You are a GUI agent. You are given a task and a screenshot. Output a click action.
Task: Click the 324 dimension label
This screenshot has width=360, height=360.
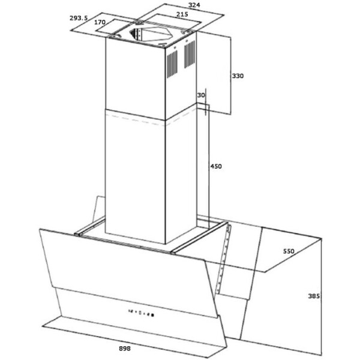(x=194, y=5)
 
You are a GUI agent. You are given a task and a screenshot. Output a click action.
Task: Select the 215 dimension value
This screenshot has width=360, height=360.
(x=182, y=14)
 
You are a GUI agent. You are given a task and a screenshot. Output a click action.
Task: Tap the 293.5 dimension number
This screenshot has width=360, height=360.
(x=79, y=18)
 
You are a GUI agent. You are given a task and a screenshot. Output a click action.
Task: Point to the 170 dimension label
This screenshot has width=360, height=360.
(x=100, y=22)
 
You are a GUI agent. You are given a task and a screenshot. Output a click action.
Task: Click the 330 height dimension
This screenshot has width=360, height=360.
(x=238, y=76)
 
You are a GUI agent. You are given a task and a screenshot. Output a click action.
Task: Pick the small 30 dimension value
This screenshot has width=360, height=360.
(x=201, y=95)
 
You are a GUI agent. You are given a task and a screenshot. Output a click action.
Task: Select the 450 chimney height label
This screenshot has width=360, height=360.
(x=216, y=166)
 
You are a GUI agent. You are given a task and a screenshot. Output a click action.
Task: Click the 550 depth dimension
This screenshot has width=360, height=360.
(x=289, y=251)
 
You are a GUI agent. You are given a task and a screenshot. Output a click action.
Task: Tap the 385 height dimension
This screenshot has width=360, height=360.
(x=314, y=296)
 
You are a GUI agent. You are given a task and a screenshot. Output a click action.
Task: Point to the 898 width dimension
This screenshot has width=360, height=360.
(x=125, y=349)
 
